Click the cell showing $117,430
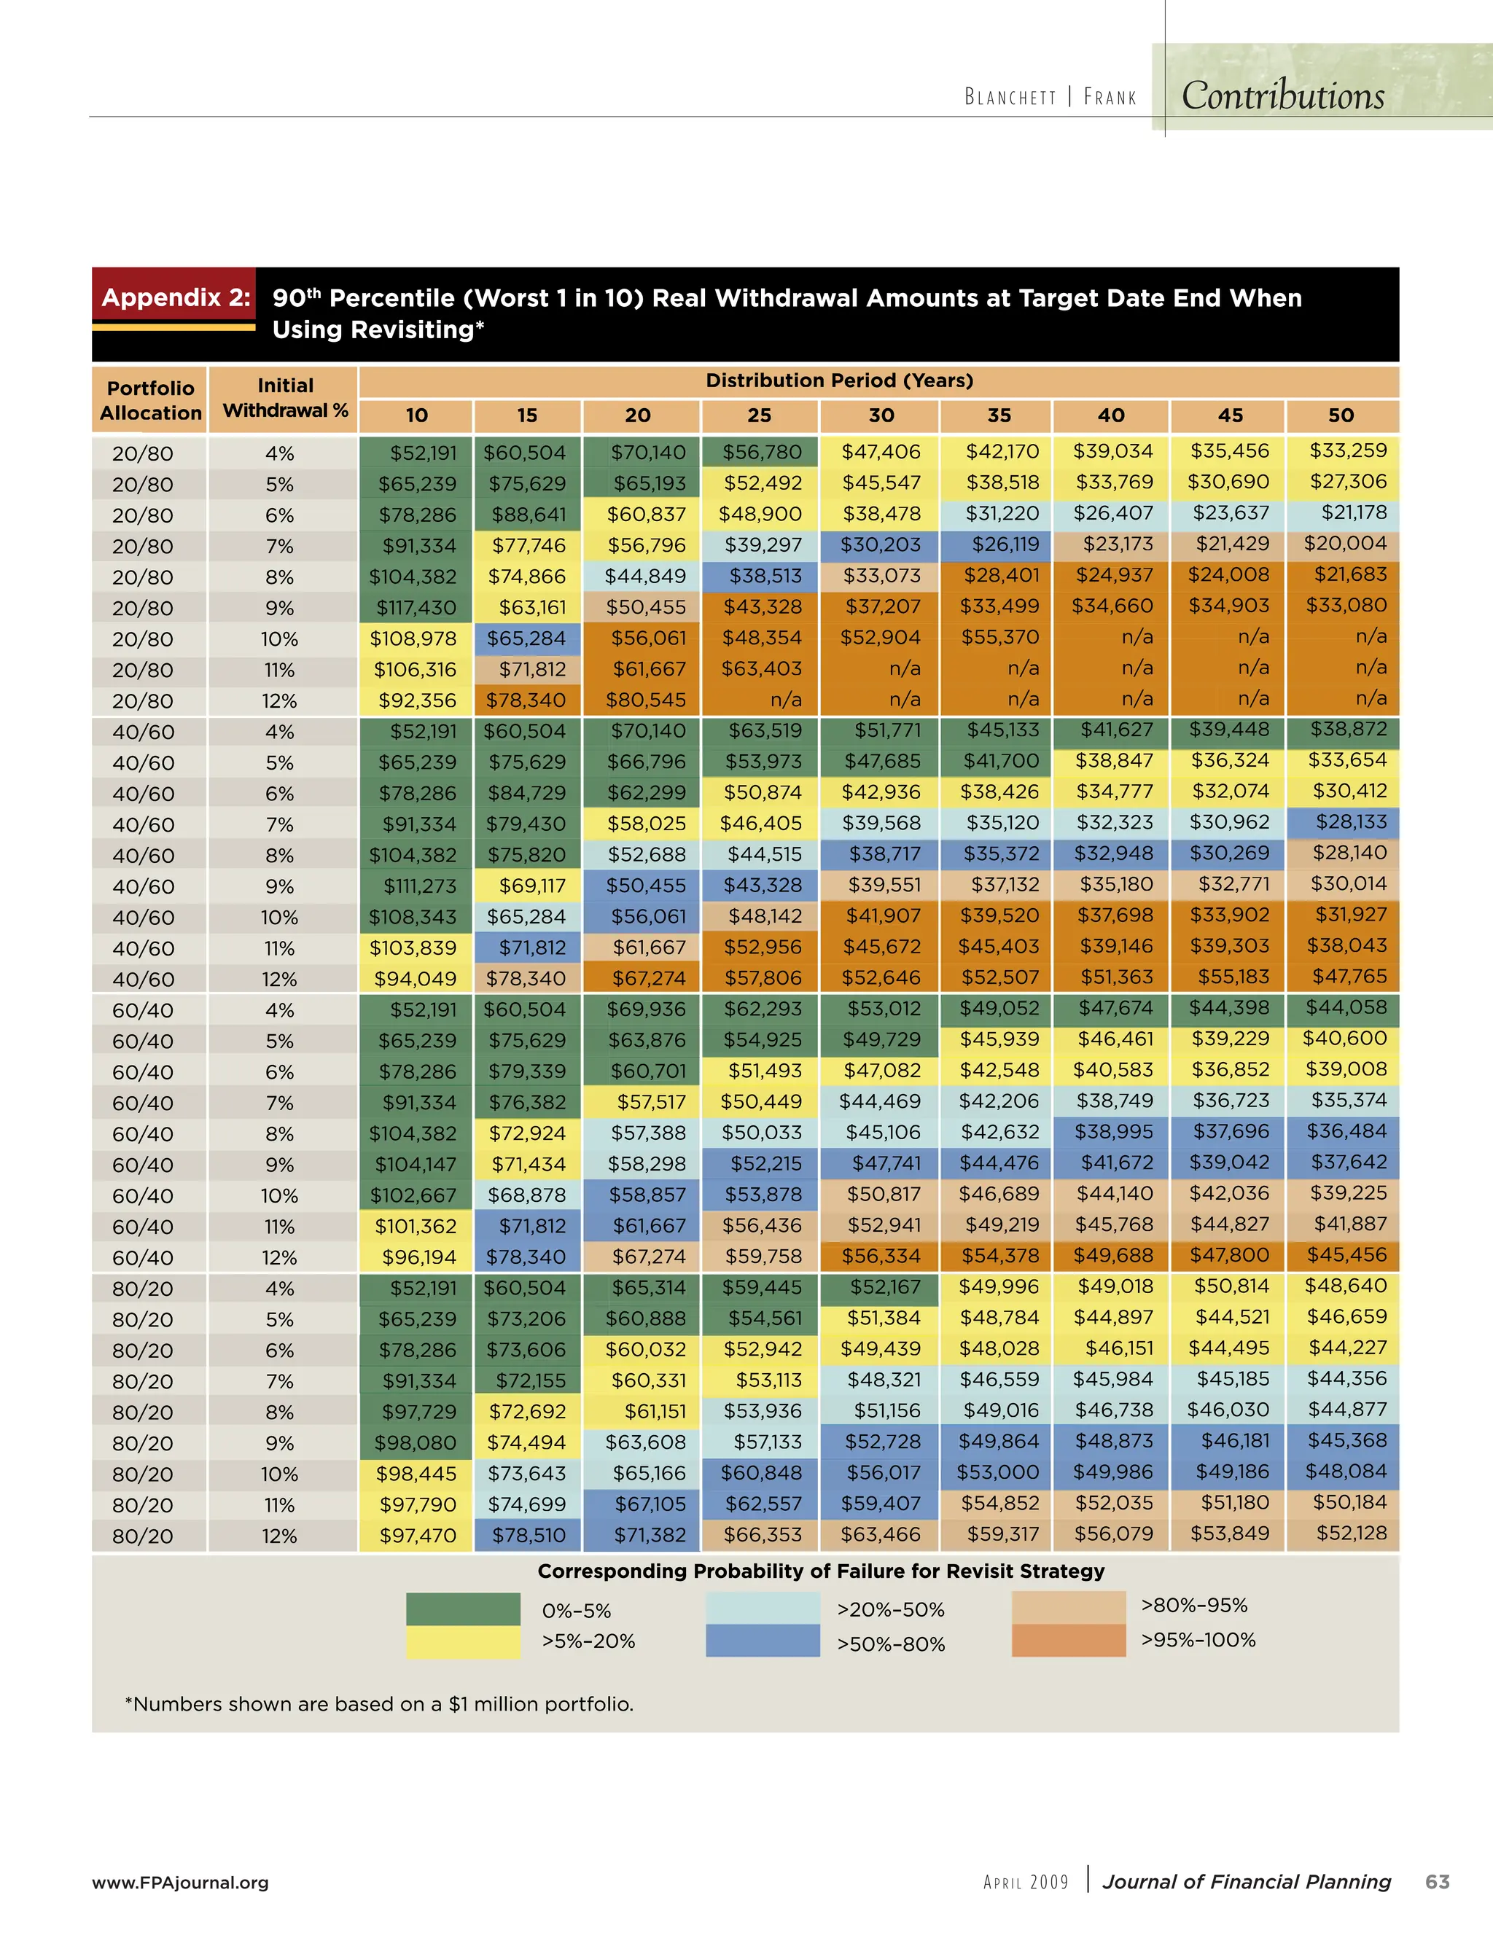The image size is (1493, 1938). click(415, 608)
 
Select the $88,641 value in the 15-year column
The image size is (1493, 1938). click(527, 515)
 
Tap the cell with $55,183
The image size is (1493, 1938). click(1228, 977)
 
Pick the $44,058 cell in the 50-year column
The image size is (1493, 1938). click(1345, 1007)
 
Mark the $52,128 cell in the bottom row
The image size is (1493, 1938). click(1350, 1533)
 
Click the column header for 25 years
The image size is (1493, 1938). click(759, 415)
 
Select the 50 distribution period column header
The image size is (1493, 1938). click(1341, 415)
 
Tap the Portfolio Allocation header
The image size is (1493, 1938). click(150, 400)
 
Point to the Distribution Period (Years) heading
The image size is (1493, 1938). click(839, 380)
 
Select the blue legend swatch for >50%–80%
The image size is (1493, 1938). click(763, 1641)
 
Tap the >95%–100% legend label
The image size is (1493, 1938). click(1198, 1640)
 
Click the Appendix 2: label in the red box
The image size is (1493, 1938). click(176, 297)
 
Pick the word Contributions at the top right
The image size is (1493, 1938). click(1282, 95)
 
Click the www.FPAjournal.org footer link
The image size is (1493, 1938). click(180, 1882)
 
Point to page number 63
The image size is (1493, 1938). click(1437, 1881)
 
